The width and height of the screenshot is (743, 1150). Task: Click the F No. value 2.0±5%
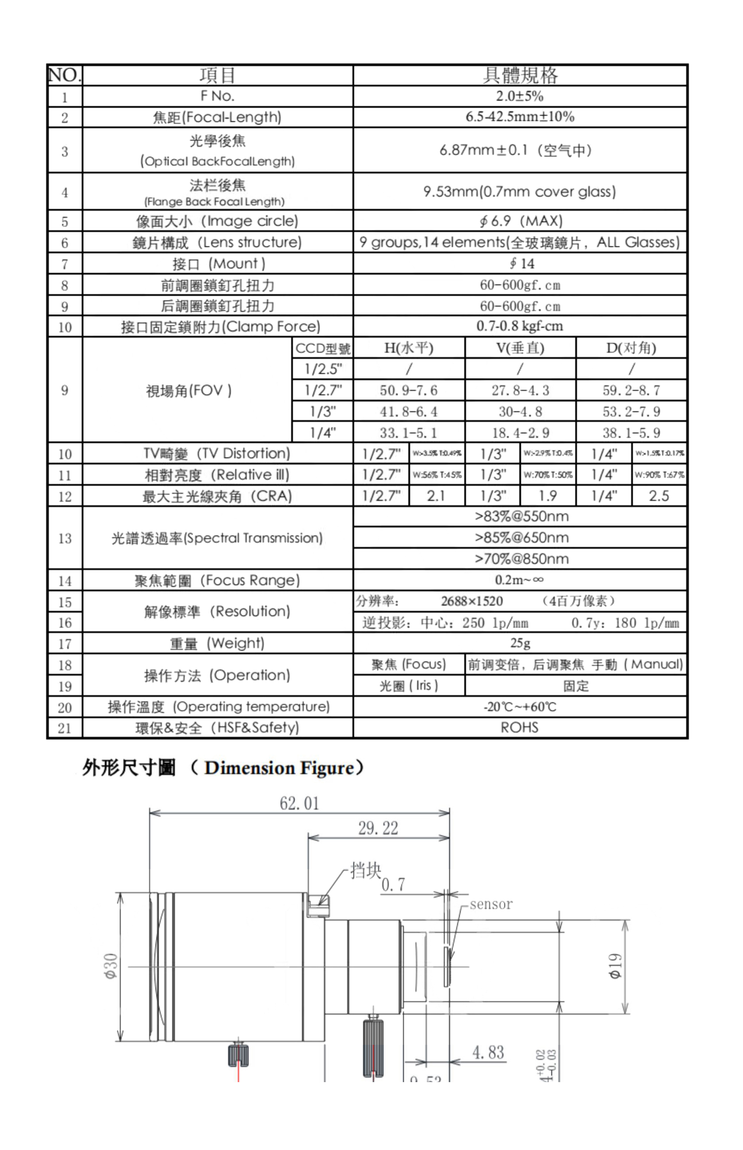[x=520, y=96]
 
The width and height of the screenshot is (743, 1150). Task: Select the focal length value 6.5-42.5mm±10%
[x=520, y=117]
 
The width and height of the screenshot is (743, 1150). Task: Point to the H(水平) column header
[x=409, y=348]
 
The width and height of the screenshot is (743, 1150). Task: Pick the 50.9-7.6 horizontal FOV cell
[x=409, y=390]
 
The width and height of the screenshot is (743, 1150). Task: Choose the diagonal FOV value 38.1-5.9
[x=631, y=433]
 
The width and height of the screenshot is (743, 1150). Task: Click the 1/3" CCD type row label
[x=322, y=411]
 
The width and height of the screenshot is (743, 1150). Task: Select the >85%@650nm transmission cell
[x=521, y=537]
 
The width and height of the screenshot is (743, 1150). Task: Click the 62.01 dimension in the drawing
[x=299, y=803]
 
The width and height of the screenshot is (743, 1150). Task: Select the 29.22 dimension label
[x=378, y=828]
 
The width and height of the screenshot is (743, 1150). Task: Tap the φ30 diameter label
[x=111, y=966]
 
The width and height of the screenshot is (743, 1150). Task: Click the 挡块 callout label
[x=365, y=870]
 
